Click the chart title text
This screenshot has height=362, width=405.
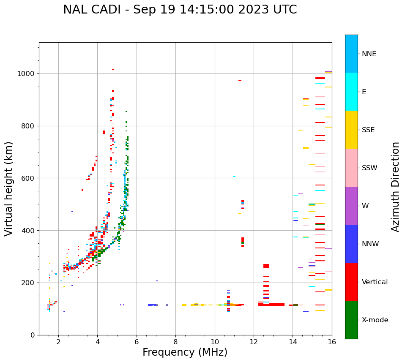pyautogui.click(x=180, y=10)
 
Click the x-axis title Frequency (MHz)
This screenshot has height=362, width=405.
pyautogui.click(x=185, y=352)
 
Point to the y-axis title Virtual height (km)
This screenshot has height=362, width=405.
pyautogui.click(x=9, y=188)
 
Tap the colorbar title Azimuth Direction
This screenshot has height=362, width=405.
pyautogui.click(x=395, y=187)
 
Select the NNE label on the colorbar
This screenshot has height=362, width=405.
pyautogui.click(x=369, y=54)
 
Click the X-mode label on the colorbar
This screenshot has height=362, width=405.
pyautogui.click(x=375, y=320)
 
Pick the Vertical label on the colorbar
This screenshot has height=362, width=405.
pyautogui.click(x=375, y=282)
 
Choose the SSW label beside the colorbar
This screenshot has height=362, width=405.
pyautogui.click(x=369, y=168)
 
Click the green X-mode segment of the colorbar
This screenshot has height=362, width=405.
pyautogui.click(x=351, y=320)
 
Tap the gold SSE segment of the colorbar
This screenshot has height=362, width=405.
pyautogui.click(x=351, y=130)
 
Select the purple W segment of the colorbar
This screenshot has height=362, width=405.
pyautogui.click(x=351, y=206)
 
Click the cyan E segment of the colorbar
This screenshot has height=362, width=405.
pyautogui.click(x=351, y=92)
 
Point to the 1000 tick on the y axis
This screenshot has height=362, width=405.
pyautogui.click(x=28, y=74)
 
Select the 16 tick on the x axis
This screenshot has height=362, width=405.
pyautogui.click(x=332, y=342)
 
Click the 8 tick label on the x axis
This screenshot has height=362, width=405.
pyautogui.click(x=175, y=342)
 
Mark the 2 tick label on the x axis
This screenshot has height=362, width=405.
pyautogui.click(x=58, y=342)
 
